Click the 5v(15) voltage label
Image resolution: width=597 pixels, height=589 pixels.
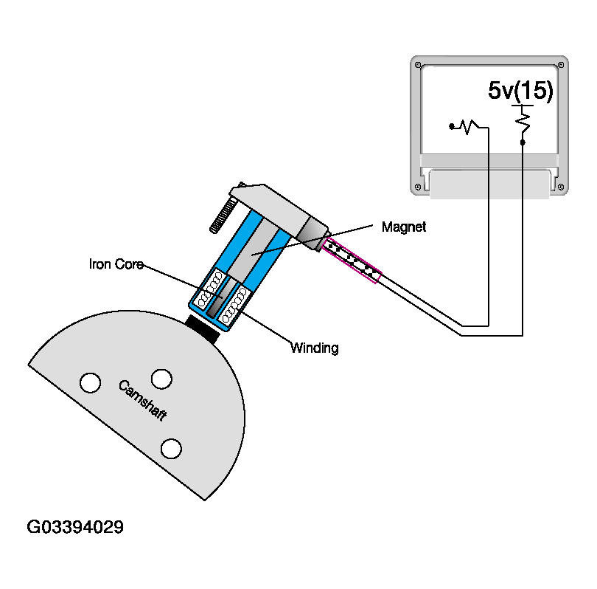[x=520, y=91]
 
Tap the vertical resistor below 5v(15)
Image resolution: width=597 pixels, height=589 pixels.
[x=523, y=120]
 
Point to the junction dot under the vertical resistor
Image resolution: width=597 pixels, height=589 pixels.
[x=523, y=141]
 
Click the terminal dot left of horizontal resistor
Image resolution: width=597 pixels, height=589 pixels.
[x=451, y=127]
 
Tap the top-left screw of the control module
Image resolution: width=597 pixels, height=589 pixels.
[x=418, y=65]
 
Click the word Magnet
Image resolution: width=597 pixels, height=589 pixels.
[x=404, y=227]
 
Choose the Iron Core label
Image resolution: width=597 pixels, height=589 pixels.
[x=116, y=263]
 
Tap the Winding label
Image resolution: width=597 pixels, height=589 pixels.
[x=314, y=348]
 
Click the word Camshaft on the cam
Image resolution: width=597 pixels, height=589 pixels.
[x=143, y=401]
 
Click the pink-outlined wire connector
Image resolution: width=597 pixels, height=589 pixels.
[x=352, y=261]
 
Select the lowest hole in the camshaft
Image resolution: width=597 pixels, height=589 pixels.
[x=171, y=448]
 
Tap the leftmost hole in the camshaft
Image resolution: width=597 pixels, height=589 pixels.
[x=90, y=382]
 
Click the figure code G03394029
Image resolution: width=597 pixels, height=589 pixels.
[x=75, y=527]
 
